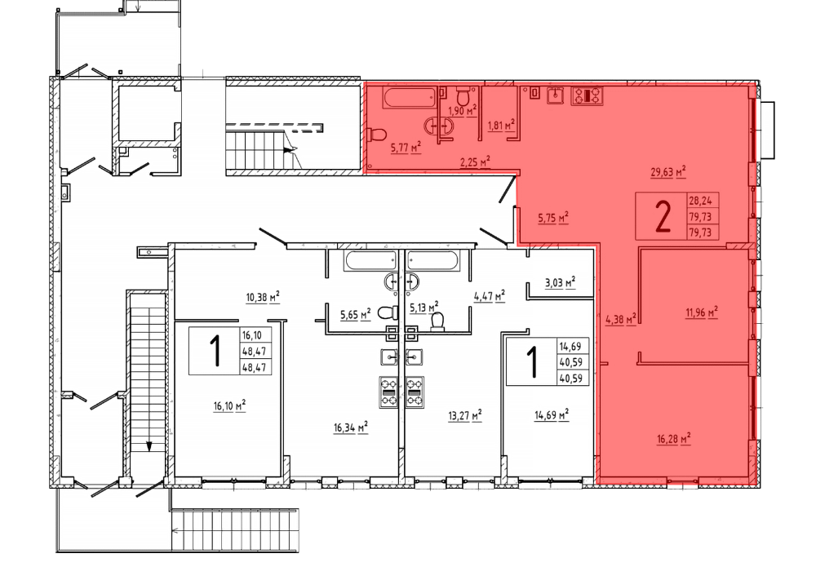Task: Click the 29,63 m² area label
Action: click(x=668, y=172)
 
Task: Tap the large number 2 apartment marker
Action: click(x=663, y=217)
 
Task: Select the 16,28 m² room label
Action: click(x=674, y=439)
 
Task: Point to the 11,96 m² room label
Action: click(x=702, y=312)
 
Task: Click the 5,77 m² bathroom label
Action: click(x=406, y=148)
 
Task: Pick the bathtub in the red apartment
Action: click(x=409, y=98)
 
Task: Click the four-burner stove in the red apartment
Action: click(x=587, y=95)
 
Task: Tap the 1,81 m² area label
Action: click(x=501, y=125)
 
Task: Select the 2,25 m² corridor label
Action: click(x=475, y=162)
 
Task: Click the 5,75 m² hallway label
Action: click(x=553, y=218)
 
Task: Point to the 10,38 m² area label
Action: click(x=263, y=298)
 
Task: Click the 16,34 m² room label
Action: click(x=351, y=427)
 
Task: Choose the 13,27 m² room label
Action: click(x=465, y=415)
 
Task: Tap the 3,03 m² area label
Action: click(x=560, y=283)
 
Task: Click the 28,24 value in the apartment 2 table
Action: click(x=700, y=201)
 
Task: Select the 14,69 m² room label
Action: click(x=552, y=415)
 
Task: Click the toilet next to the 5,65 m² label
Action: click(x=387, y=312)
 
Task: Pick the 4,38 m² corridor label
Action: click(x=621, y=319)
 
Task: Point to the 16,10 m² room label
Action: click(x=229, y=405)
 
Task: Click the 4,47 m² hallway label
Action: click(x=490, y=297)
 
